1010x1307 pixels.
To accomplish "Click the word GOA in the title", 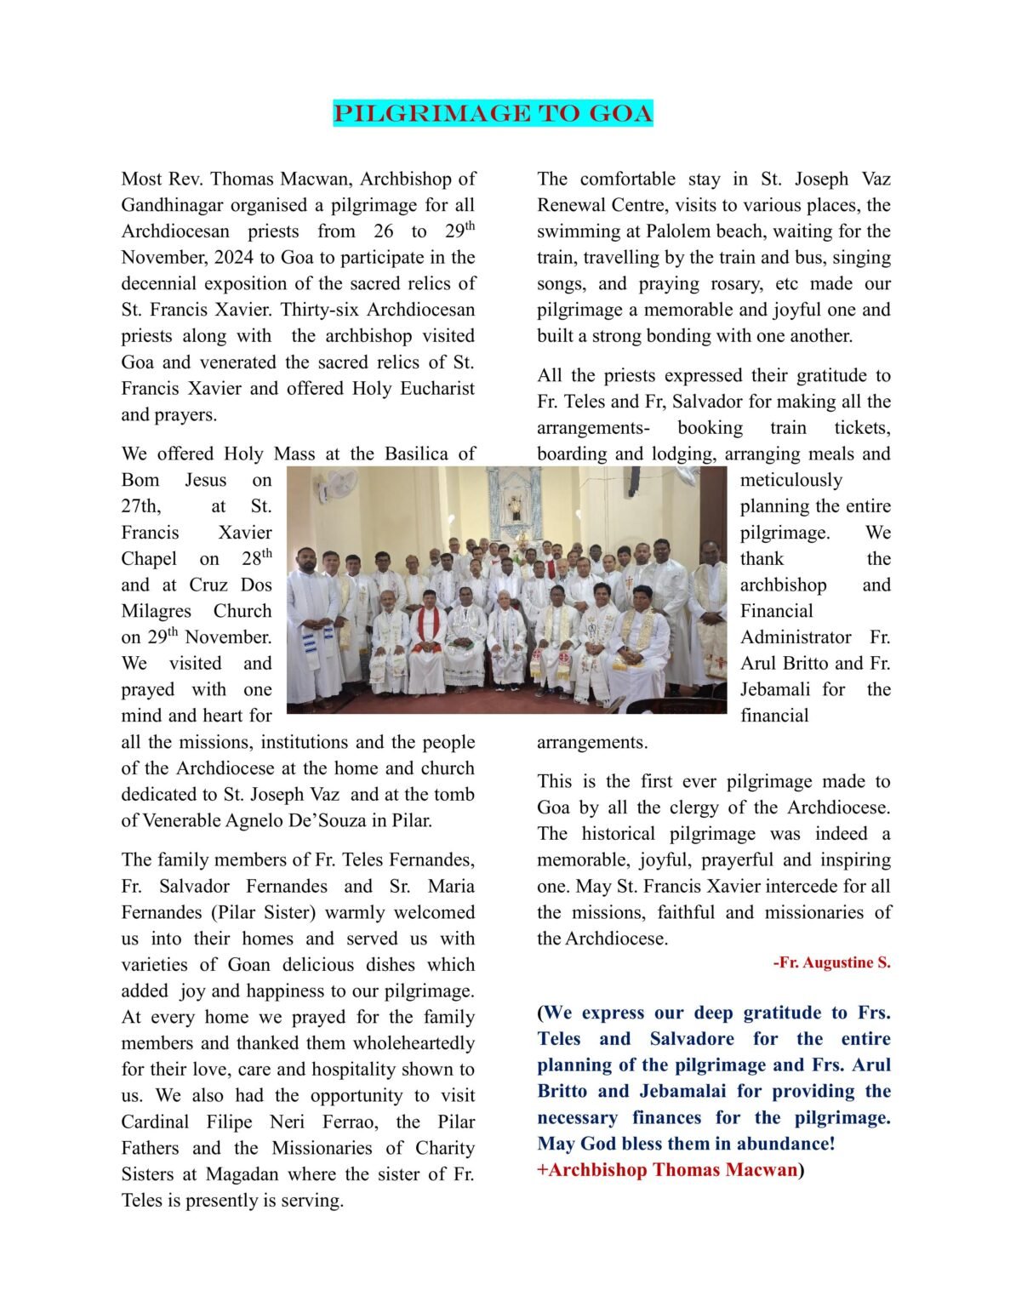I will coord(618,113).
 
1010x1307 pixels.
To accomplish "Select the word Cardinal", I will coord(155,1122).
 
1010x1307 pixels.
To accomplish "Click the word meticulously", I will coord(790,481).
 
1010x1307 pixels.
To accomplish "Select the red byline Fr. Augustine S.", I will coord(831,963).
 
